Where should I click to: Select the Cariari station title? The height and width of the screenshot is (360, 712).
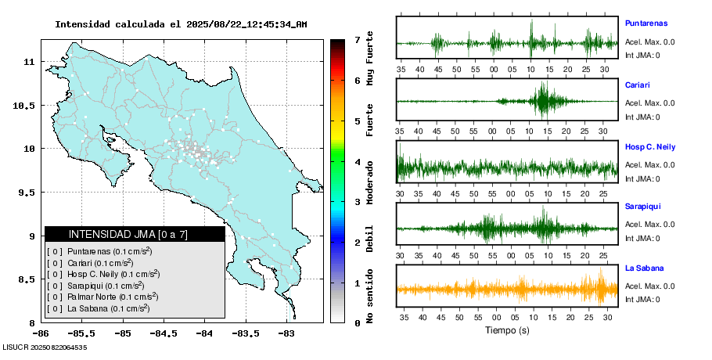pos(638,85)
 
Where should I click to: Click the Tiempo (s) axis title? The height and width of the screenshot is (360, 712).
pos(507,330)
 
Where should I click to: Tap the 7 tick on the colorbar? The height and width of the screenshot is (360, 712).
pos(357,39)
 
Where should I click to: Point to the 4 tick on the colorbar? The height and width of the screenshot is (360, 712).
pos(357,161)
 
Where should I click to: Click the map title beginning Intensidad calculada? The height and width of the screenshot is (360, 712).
pos(181,24)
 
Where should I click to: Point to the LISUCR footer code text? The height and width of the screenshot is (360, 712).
pos(45,347)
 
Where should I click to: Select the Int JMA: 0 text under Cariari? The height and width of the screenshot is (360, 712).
pos(642,117)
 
